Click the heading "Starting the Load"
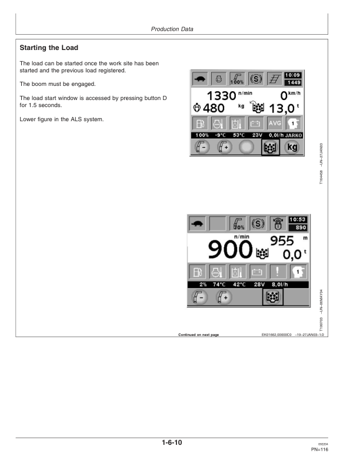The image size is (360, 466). (x=49, y=47)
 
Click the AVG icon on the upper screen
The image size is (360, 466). (x=274, y=124)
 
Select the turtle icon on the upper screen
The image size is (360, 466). (x=201, y=79)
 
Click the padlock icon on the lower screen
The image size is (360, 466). (x=275, y=224)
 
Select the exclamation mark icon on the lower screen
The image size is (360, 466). (x=275, y=271)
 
